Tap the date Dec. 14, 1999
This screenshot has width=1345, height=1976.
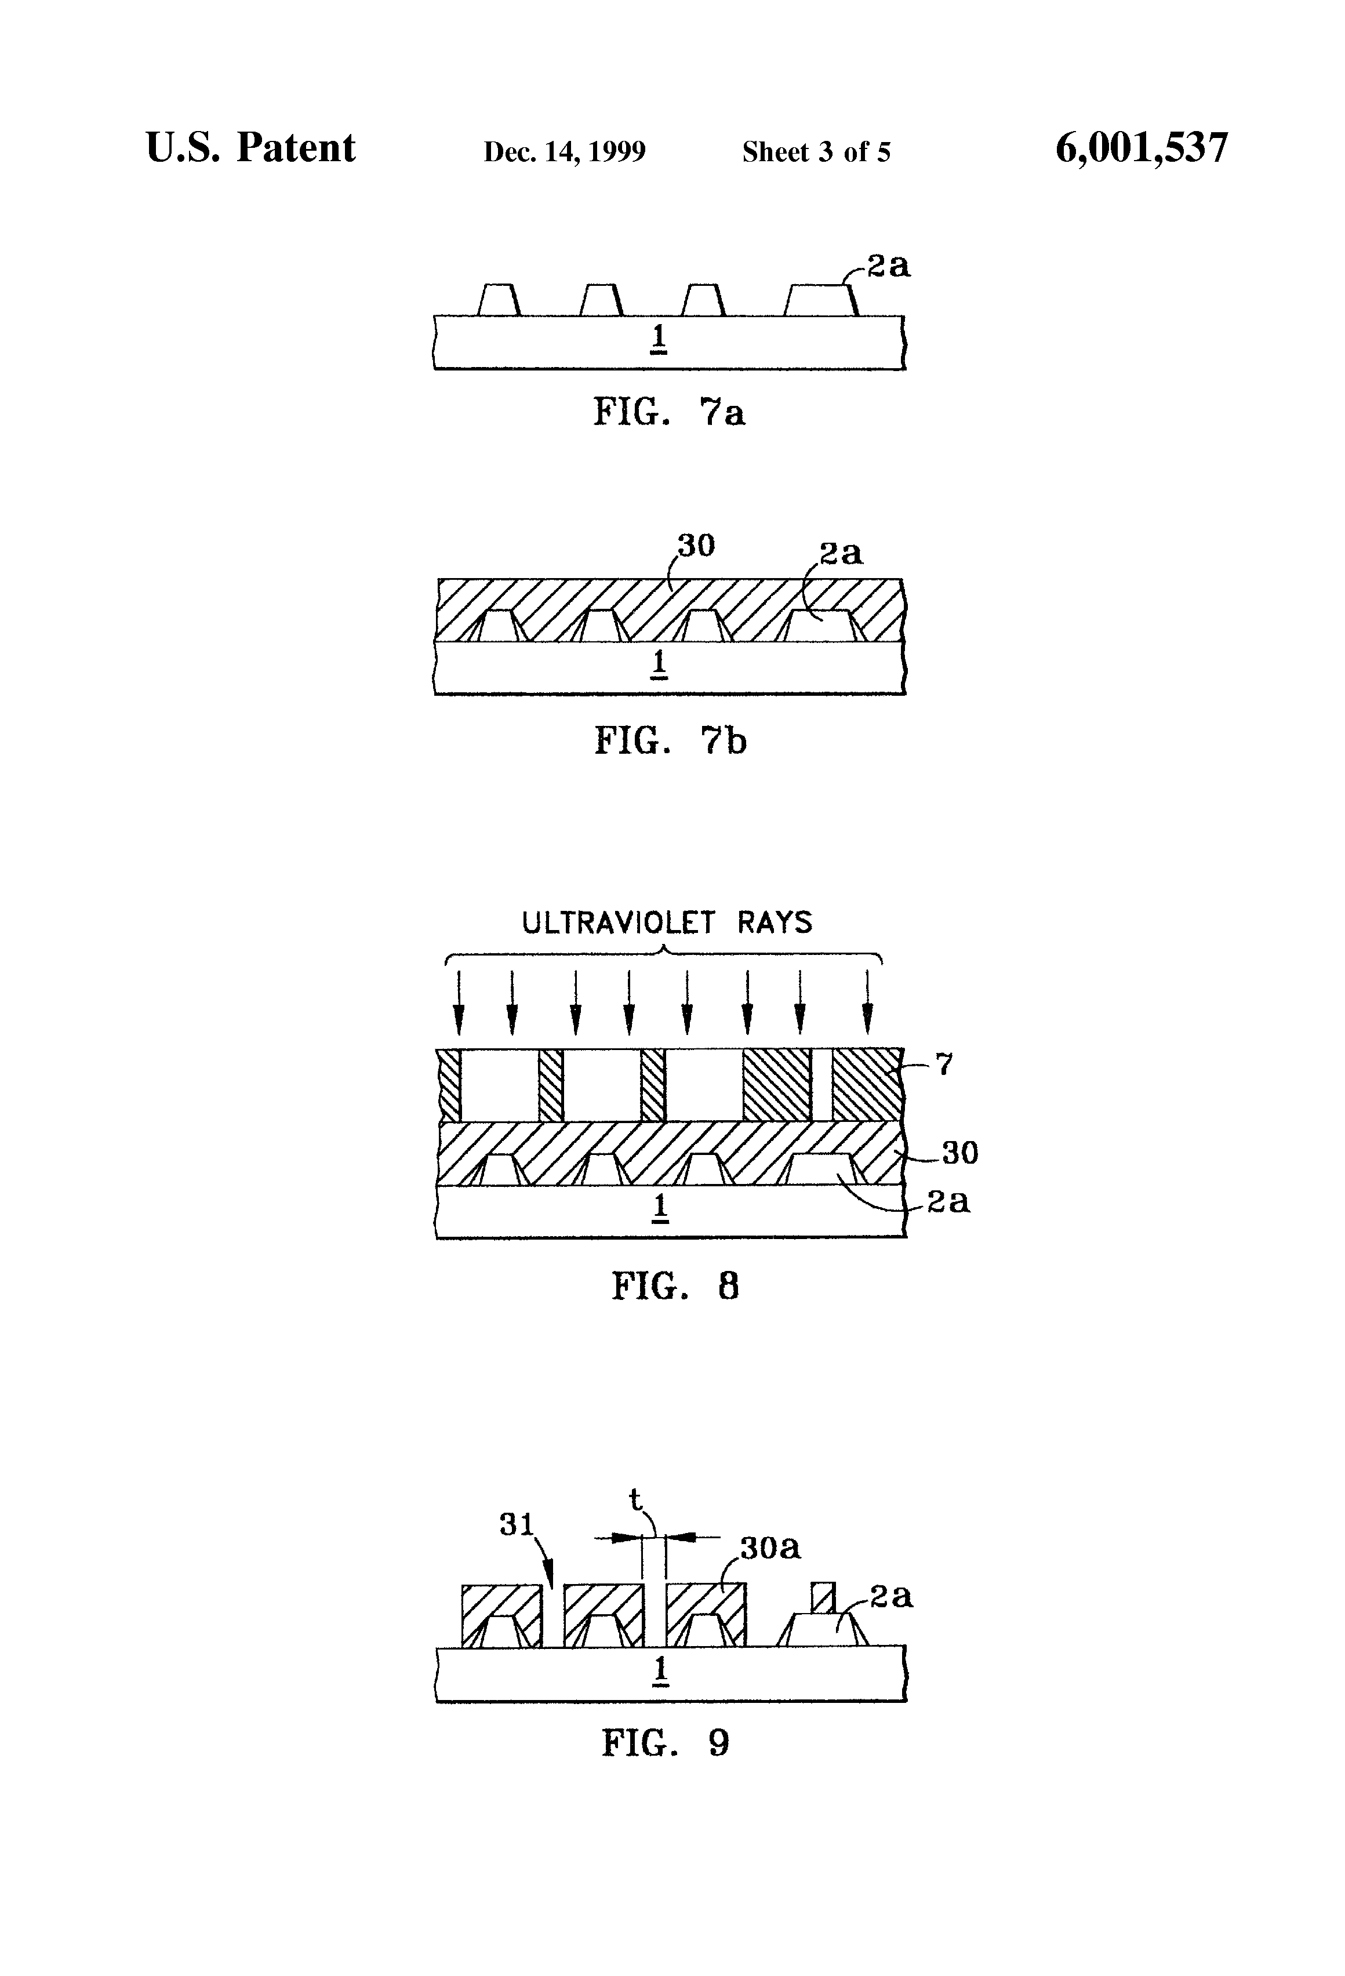(565, 152)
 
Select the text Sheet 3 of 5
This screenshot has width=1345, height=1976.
(816, 152)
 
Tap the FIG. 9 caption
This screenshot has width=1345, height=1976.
(666, 1743)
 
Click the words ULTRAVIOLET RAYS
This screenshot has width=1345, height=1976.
(667, 922)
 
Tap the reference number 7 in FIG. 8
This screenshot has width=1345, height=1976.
(944, 1064)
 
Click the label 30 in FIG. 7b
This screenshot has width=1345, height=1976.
(696, 545)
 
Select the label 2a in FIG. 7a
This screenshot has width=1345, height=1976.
(888, 266)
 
